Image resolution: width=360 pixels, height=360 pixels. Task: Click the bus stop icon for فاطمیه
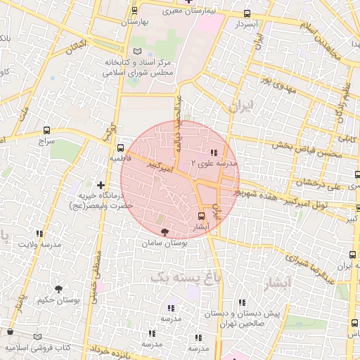click(121, 148)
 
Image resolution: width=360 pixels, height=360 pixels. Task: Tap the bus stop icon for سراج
click(46, 130)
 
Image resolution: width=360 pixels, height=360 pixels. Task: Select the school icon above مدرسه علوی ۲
click(213, 153)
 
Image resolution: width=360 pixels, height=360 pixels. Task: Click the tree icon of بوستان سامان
click(164, 231)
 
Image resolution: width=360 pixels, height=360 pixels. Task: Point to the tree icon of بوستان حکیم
click(58, 288)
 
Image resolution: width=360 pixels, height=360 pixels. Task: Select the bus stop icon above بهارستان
click(134, 11)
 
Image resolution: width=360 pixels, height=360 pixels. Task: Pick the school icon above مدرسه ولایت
click(39, 233)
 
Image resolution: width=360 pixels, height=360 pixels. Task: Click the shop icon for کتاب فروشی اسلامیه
click(10, 331)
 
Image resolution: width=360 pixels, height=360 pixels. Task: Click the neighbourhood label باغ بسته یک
click(181, 277)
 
